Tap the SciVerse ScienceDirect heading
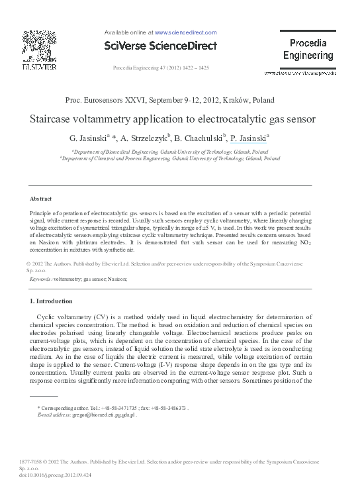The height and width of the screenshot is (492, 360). click(161, 46)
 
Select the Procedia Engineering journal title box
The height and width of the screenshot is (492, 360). click(308, 50)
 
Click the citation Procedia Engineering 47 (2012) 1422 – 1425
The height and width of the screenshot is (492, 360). click(161, 68)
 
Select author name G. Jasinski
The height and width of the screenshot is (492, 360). click(88, 139)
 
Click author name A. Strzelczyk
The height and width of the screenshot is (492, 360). click(143, 139)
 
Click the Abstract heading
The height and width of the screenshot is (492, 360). click(41, 199)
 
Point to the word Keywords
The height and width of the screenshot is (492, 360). click(41, 279)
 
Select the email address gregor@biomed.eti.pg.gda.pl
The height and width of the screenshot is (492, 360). click(100, 415)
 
